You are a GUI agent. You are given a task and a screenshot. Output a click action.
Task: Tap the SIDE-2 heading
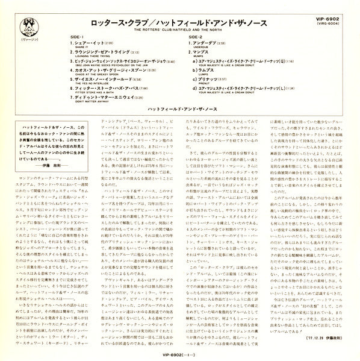click(x=197, y=37)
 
